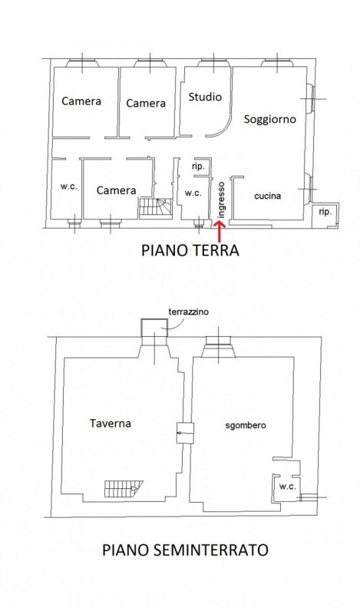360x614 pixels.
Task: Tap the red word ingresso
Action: click(222, 200)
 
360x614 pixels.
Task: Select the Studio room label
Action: click(205, 97)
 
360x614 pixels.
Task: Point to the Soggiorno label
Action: click(270, 119)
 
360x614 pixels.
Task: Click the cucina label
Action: click(268, 196)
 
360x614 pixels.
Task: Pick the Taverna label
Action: click(110, 423)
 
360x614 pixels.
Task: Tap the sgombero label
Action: click(246, 425)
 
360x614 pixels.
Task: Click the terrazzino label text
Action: click(188, 312)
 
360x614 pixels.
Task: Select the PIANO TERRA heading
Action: click(190, 250)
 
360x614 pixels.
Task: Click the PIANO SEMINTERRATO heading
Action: click(185, 550)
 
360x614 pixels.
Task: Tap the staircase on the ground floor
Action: click(155, 208)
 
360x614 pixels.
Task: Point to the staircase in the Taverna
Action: click(123, 489)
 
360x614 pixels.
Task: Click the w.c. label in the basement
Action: click(287, 487)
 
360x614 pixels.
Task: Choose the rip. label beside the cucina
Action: click(325, 212)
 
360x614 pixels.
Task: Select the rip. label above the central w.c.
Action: click(198, 167)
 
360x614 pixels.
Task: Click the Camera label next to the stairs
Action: click(117, 190)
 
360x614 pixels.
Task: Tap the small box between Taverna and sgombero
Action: click(185, 433)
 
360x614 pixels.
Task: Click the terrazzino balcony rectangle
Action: click(154, 328)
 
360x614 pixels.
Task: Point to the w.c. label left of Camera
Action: click(68, 187)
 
